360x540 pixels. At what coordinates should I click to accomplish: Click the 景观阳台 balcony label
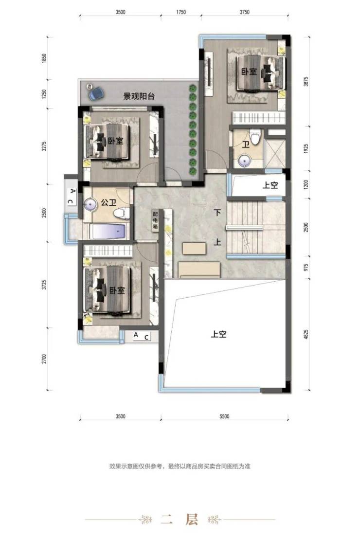139,96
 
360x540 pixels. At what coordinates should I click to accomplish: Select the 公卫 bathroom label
108,202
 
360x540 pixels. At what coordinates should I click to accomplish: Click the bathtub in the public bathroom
108,231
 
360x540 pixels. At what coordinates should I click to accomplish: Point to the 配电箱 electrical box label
155,220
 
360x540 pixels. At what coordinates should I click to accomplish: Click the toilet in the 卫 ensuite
255,137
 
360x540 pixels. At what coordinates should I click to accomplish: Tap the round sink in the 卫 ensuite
245,161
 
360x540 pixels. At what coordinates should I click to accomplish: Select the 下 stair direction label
217,213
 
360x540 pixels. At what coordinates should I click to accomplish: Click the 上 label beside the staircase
217,242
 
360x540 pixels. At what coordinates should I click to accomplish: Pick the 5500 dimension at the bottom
224,416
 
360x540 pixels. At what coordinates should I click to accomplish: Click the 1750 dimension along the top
181,12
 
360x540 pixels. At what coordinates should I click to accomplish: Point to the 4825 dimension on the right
306,335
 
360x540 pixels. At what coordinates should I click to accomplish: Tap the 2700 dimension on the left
44,359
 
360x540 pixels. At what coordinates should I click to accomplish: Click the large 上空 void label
219,334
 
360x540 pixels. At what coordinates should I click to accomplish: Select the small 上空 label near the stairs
270,185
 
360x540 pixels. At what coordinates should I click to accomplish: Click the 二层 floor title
180,520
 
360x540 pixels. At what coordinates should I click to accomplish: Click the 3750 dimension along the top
244,12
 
